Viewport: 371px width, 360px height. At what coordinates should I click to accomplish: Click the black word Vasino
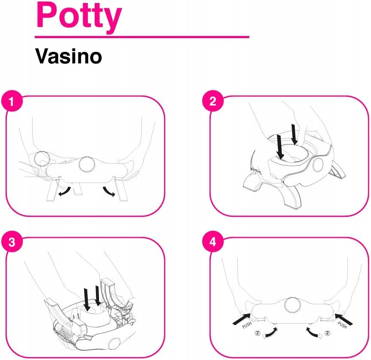coord(69,56)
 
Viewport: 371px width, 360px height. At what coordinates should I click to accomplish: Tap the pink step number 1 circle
coord(12,101)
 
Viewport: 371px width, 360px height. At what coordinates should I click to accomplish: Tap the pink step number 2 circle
coord(213,101)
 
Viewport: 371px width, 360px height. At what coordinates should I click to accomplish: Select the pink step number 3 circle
coord(12,242)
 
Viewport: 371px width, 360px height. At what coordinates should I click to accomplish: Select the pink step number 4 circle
coord(213,242)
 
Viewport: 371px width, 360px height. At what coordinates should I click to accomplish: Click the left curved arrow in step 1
coord(65,192)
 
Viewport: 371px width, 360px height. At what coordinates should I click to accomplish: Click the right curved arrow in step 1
coord(109,192)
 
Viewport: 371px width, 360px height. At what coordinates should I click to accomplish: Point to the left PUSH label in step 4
coord(247,325)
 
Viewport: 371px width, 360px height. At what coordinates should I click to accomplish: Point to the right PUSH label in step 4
coord(342,325)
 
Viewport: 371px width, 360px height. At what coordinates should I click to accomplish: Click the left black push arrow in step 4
coord(242,318)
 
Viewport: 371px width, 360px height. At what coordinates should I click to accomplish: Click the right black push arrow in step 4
coord(344,319)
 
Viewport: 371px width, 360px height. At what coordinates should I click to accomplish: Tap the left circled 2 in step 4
coord(257,333)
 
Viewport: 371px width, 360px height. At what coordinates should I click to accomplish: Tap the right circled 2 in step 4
coord(327,333)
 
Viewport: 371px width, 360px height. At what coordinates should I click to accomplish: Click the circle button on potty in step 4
coord(293,305)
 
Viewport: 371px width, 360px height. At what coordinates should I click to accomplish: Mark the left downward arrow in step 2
coord(280,147)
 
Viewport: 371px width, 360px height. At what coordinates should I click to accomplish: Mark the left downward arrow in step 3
coord(87,300)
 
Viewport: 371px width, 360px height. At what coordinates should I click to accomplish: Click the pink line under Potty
coord(142,37)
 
